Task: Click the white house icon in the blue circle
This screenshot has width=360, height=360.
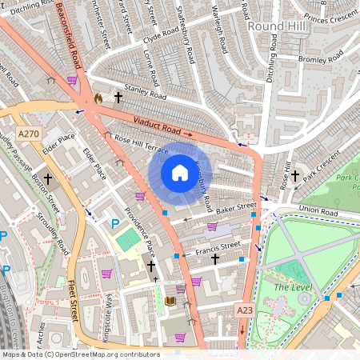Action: pyautogui.click(x=180, y=173)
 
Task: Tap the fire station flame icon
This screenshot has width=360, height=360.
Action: pyautogui.click(x=99, y=98)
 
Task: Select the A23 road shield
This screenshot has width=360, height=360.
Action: pyautogui.click(x=245, y=310)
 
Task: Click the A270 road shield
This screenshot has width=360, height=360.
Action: pyautogui.click(x=28, y=134)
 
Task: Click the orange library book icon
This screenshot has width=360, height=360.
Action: pyautogui.click(x=169, y=301)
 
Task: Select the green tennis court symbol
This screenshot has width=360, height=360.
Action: pyautogui.click(x=126, y=238)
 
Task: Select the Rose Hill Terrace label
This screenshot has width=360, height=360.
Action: pyautogui.click(x=141, y=145)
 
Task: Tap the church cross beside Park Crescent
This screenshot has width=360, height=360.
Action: pyautogui.click(x=294, y=175)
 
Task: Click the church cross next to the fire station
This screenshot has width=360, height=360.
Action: pyautogui.click(x=118, y=97)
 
